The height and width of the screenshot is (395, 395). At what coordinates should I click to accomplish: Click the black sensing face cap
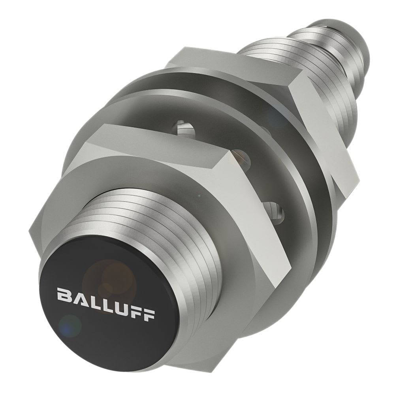click(x=99, y=308)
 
